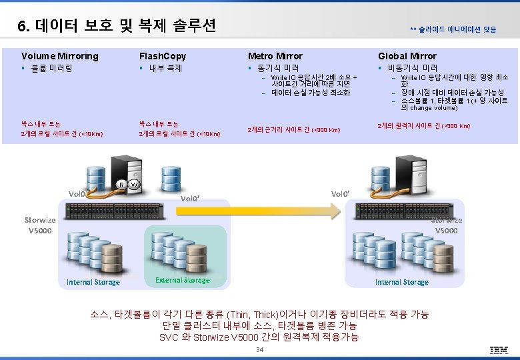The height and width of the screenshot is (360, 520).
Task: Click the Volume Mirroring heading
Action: click(x=59, y=56)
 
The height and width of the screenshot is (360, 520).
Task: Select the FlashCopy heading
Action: click(x=162, y=56)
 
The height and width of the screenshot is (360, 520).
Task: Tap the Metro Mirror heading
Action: click(x=275, y=56)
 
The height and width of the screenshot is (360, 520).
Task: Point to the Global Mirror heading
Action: click(x=407, y=56)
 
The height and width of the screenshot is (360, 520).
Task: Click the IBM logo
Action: click(x=499, y=350)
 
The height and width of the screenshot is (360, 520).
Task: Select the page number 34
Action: click(x=260, y=350)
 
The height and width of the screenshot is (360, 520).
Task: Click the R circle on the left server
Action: click(x=121, y=184)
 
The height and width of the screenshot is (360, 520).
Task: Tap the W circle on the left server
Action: click(x=134, y=184)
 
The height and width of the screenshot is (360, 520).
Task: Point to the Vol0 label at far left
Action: click(x=77, y=194)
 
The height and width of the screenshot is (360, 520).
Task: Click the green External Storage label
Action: click(x=182, y=280)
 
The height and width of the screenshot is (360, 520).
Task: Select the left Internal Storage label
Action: click(x=93, y=282)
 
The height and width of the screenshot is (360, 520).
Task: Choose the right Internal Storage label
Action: click(x=401, y=282)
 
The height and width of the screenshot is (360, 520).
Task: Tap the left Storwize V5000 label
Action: click(x=40, y=225)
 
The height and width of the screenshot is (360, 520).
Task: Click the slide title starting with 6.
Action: click(x=117, y=26)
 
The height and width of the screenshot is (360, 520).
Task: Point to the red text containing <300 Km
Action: click(x=293, y=129)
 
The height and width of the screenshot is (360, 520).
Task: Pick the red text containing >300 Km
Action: click(x=423, y=125)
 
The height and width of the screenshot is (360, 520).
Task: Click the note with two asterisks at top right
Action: click(x=453, y=29)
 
